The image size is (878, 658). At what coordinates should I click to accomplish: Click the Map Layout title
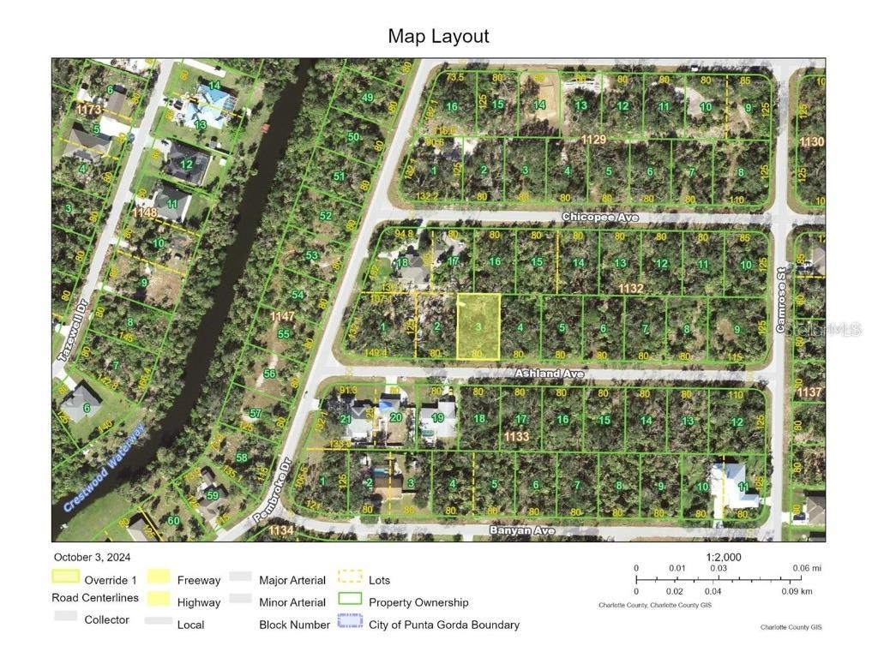click(438, 36)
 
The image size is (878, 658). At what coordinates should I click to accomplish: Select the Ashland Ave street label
click(549, 374)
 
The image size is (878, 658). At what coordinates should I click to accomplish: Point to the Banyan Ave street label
click(522, 531)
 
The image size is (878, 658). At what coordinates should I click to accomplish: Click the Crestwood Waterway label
click(103, 469)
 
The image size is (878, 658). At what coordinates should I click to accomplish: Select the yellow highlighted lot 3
click(478, 326)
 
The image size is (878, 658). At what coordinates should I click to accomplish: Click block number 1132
click(630, 289)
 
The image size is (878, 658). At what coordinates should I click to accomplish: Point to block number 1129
click(593, 139)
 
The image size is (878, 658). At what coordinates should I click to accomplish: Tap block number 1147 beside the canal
click(282, 317)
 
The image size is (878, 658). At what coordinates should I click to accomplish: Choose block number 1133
click(516, 437)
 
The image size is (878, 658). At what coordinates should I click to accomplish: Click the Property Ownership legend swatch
click(351, 601)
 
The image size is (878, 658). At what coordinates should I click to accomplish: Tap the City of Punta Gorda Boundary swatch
click(351, 624)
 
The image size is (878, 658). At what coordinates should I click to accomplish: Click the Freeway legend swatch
click(159, 579)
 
